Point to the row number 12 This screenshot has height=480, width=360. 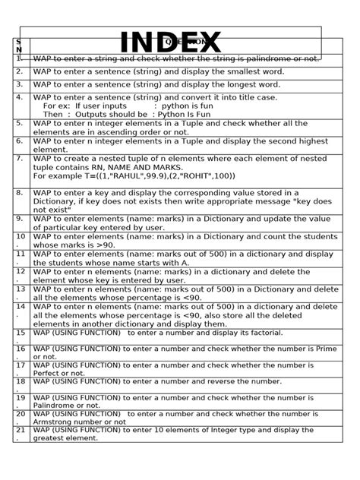tap(20, 271)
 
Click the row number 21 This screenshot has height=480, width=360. tap(20, 430)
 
